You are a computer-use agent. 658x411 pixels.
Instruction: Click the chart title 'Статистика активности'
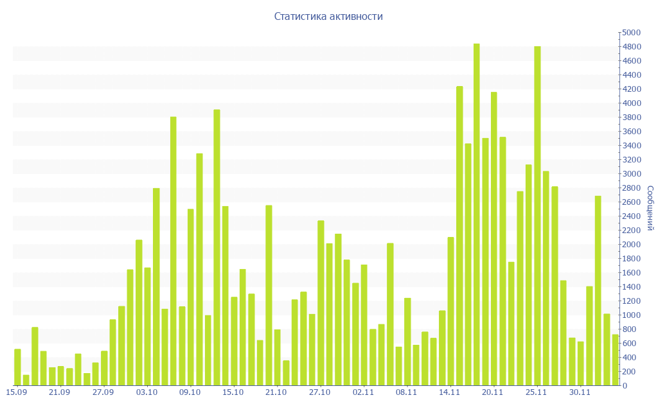coord(328,17)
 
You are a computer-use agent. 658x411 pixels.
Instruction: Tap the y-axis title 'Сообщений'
coord(650,208)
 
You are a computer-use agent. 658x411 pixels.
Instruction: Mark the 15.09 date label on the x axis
coord(16,392)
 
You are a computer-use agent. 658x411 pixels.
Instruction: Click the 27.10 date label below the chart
coord(319,392)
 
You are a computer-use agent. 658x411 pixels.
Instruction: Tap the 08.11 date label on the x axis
coord(406,392)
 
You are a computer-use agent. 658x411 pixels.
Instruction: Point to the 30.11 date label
coord(580,392)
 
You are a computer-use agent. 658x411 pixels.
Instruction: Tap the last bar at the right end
coord(615,360)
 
